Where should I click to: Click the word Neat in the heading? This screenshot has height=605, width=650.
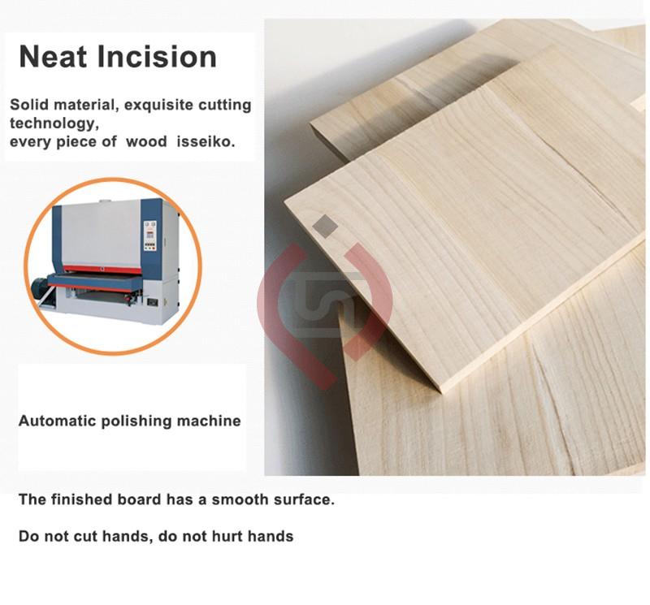click(53, 56)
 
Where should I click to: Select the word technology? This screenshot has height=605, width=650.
click(54, 123)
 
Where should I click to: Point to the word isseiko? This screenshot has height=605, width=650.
click(206, 142)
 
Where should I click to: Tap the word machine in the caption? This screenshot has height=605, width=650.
click(209, 421)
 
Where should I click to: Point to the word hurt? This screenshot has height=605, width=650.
click(227, 536)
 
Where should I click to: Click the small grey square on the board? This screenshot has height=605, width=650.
click(325, 227)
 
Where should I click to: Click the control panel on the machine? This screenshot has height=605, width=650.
click(149, 236)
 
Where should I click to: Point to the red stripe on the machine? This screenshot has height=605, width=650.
click(104, 270)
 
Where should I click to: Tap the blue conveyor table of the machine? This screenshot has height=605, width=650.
click(95, 282)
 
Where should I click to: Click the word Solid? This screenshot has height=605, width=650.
click(29, 105)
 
